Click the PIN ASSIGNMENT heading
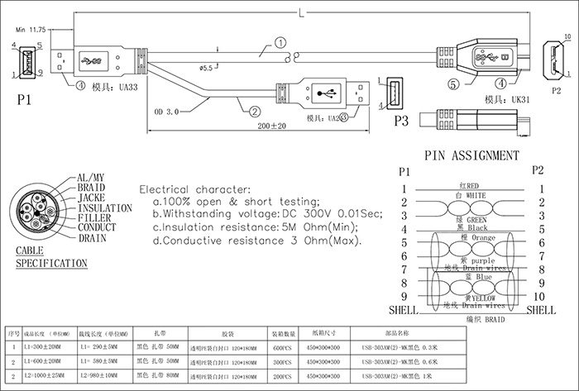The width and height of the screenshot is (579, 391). [471, 155]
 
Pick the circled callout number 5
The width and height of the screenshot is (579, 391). [454, 83]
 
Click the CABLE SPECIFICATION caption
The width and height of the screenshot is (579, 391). [51, 256]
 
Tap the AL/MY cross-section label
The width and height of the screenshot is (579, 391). [90, 178]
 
